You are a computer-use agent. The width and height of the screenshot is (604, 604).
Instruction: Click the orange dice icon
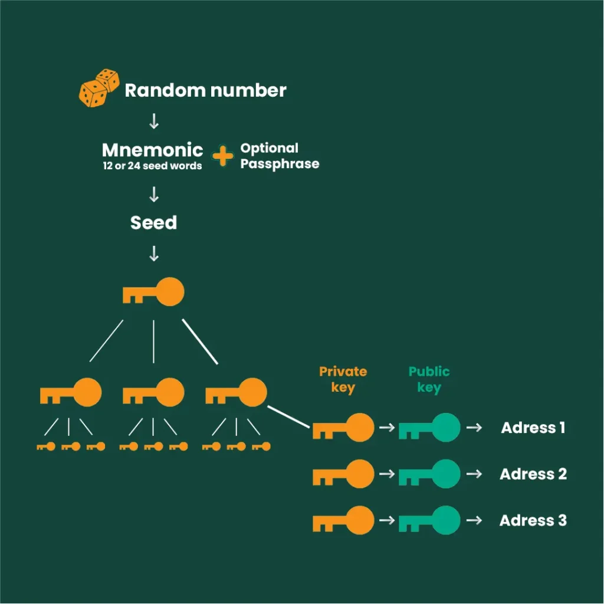click(99, 88)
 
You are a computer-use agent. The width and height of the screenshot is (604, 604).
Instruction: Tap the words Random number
click(205, 90)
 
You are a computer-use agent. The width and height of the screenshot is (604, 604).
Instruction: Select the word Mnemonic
click(152, 150)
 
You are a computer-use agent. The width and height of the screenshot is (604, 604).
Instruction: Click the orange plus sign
click(222, 156)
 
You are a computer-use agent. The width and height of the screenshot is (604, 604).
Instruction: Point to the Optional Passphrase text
click(279, 156)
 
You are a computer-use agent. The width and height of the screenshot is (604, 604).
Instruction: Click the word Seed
click(153, 222)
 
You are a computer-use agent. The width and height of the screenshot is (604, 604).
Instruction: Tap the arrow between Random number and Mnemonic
click(154, 122)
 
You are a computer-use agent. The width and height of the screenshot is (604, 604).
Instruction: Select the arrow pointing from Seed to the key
click(154, 254)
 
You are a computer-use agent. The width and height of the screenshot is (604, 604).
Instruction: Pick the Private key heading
click(343, 379)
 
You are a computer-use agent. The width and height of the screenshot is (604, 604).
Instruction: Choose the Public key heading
click(429, 379)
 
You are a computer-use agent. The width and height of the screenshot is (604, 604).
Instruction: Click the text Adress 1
click(533, 428)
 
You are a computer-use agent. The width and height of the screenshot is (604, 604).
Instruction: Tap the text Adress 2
click(533, 474)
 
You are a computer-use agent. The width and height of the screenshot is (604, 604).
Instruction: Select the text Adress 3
click(533, 520)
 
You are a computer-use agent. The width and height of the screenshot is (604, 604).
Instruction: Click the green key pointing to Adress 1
click(429, 428)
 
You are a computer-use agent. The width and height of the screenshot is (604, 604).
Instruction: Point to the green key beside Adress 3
click(429, 520)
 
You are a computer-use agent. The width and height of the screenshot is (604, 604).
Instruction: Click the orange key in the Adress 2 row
click(343, 474)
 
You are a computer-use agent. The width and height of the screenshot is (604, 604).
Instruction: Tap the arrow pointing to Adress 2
click(473, 474)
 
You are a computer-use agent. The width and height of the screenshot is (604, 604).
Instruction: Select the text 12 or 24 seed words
click(152, 166)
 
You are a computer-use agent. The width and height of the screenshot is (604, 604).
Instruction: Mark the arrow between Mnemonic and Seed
click(154, 194)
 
